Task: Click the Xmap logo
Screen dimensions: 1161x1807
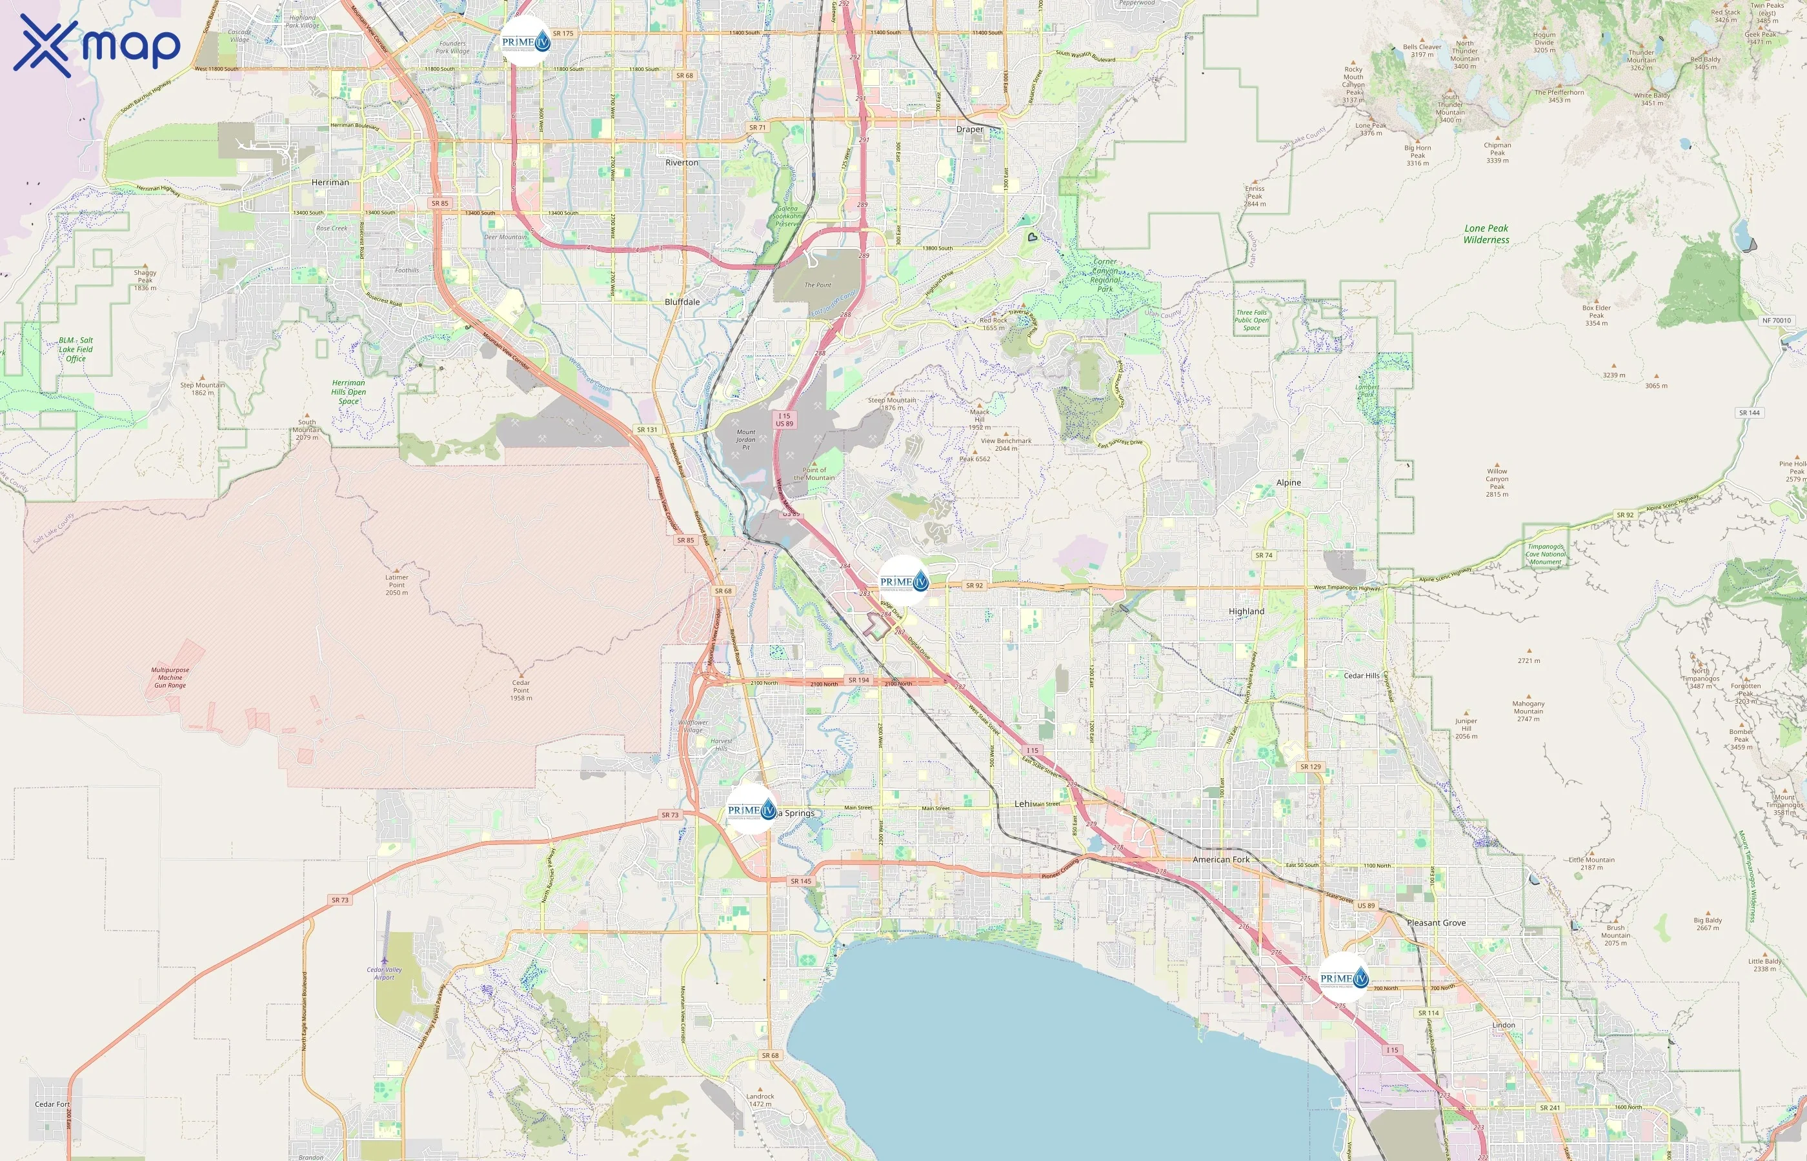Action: pyautogui.click(x=97, y=45)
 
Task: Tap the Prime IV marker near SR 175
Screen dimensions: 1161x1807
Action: pyautogui.click(x=526, y=41)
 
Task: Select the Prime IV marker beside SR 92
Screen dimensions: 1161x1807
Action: pyautogui.click(x=903, y=581)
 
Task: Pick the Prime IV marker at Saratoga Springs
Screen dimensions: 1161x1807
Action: pyautogui.click(x=751, y=809)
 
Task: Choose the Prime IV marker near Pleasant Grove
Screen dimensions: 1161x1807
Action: pyautogui.click(x=1344, y=978)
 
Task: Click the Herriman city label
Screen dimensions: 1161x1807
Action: pyautogui.click(x=330, y=183)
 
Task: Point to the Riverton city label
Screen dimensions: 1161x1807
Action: pyautogui.click(x=681, y=163)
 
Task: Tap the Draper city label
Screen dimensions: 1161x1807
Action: pyautogui.click(x=969, y=130)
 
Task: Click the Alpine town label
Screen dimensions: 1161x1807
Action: pyautogui.click(x=1288, y=482)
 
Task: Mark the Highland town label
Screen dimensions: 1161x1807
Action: pyautogui.click(x=1246, y=611)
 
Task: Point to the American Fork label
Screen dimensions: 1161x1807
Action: pyautogui.click(x=1220, y=859)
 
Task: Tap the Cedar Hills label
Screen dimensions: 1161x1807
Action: pyautogui.click(x=1361, y=675)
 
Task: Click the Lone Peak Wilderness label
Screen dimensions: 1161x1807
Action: pyautogui.click(x=1486, y=233)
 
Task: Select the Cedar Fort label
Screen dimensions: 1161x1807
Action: pyautogui.click(x=52, y=1104)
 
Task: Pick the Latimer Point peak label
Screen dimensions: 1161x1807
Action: pyautogui.click(x=397, y=585)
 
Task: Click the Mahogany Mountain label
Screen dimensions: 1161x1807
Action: pyautogui.click(x=1528, y=711)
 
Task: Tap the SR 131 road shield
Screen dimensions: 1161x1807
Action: pyautogui.click(x=647, y=430)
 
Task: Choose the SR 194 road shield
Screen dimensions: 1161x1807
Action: pyautogui.click(x=858, y=680)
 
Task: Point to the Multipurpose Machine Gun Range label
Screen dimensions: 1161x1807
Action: pyautogui.click(x=170, y=677)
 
